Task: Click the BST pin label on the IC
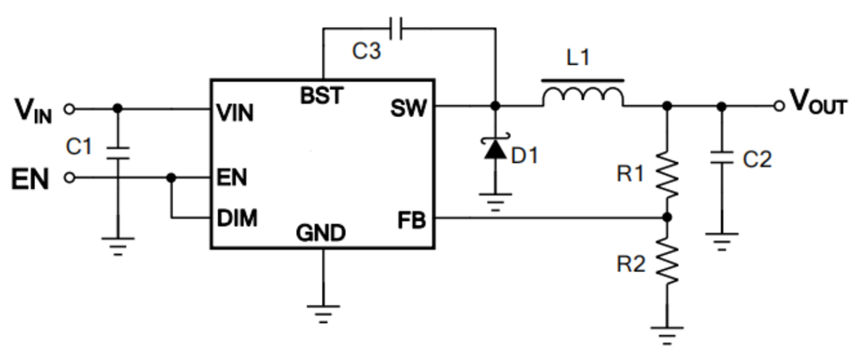tap(322, 95)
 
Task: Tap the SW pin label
tap(409, 108)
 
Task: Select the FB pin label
tap(411, 220)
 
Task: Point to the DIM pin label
tap(238, 219)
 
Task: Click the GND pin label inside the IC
tap(321, 233)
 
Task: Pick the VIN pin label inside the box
tap(235, 112)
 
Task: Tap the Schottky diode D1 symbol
tap(495, 148)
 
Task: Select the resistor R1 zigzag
tap(667, 175)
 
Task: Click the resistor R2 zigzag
tap(667, 262)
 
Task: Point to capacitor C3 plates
tap(395, 29)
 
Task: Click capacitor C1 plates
tap(117, 152)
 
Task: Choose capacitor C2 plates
tap(722, 157)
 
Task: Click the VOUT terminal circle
tap(778, 106)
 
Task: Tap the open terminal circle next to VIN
tap(69, 109)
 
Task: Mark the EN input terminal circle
tap(69, 178)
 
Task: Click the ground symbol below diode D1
tap(495, 202)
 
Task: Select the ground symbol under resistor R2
tap(667, 335)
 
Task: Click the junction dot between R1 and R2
tap(667, 218)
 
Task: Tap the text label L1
tap(578, 58)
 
